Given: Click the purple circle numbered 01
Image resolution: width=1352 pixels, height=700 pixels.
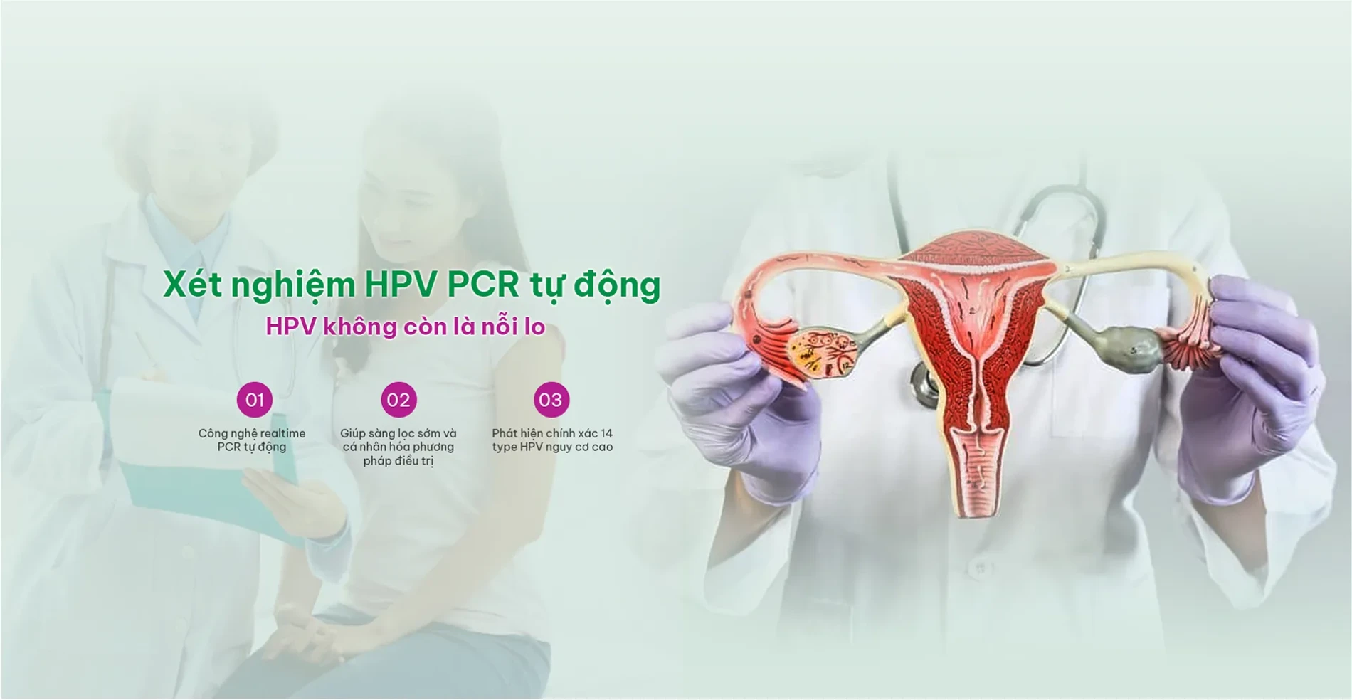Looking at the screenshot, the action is (255, 400).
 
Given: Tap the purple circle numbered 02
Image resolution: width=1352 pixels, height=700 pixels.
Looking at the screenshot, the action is (398, 400).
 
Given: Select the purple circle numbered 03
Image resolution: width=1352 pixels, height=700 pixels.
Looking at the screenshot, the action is (551, 400).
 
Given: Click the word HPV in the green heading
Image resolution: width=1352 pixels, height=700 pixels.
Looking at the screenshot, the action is (401, 285).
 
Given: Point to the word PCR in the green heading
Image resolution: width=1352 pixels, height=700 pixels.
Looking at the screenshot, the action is (483, 285).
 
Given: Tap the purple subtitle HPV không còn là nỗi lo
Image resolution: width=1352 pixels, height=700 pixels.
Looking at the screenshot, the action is (406, 327).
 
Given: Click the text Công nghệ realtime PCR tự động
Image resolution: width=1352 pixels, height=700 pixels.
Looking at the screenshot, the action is (252, 440).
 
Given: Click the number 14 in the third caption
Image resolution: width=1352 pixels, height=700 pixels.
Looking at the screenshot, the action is (606, 433).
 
